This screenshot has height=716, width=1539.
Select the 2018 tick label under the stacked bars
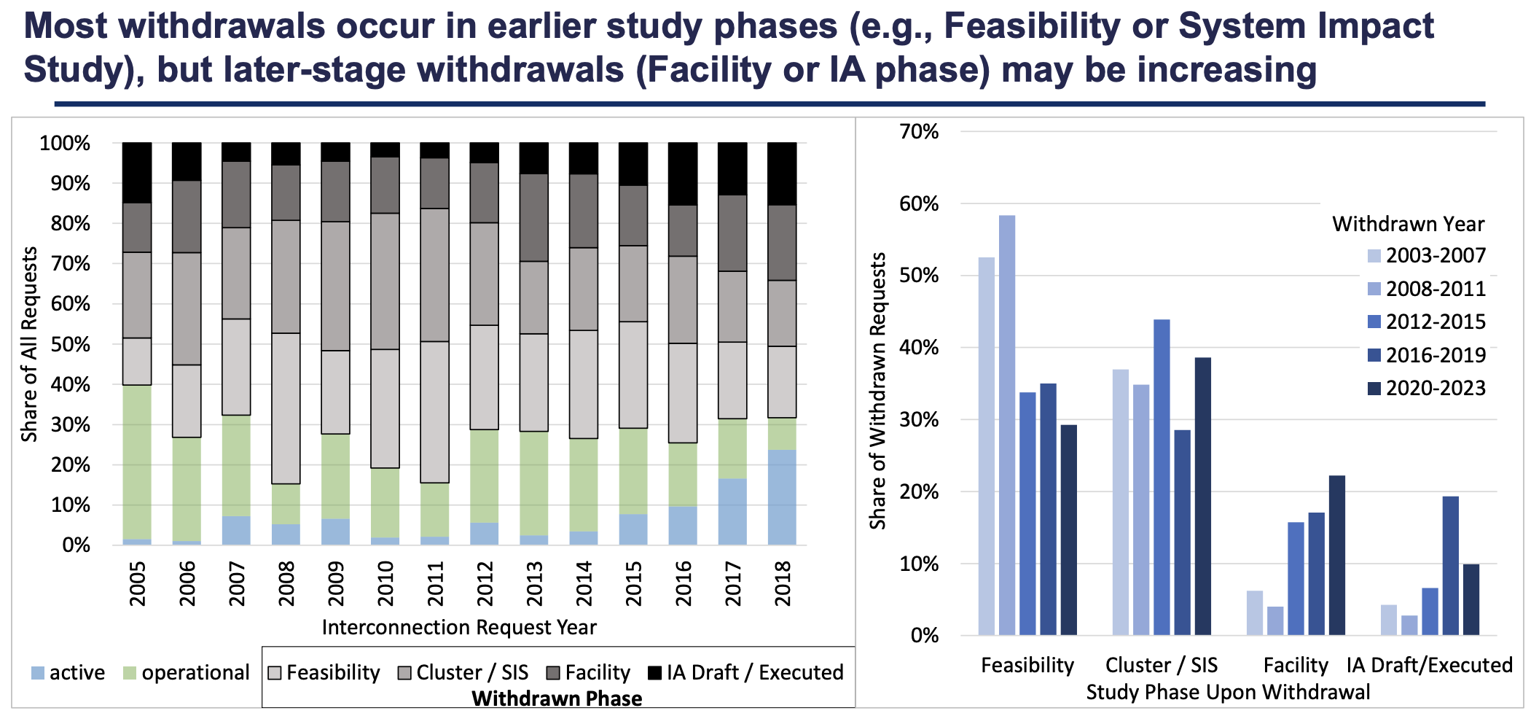tap(783, 583)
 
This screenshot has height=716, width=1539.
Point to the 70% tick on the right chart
tap(920, 132)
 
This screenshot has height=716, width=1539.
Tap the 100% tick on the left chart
tap(66, 143)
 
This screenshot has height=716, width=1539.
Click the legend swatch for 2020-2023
tap(1374, 389)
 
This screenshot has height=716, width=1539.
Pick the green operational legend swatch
tap(130, 673)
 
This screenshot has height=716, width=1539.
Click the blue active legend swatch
tap(39, 673)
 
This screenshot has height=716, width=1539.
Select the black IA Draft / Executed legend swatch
tap(654, 673)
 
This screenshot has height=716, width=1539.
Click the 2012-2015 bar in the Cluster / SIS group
tap(1162, 477)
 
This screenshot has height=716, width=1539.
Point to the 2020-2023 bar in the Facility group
tap(1337, 555)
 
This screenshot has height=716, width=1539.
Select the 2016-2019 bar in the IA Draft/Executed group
tap(1451, 565)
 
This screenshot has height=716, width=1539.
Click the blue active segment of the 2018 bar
tap(782, 497)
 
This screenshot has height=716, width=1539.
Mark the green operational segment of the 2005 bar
tap(137, 462)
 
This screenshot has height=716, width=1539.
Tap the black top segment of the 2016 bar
tap(683, 174)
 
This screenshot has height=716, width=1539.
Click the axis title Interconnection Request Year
tap(459, 628)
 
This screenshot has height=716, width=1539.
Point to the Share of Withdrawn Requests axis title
tap(878, 391)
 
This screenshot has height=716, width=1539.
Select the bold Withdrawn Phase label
tap(557, 699)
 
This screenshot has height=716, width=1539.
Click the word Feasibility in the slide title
tap(1031, 26)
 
